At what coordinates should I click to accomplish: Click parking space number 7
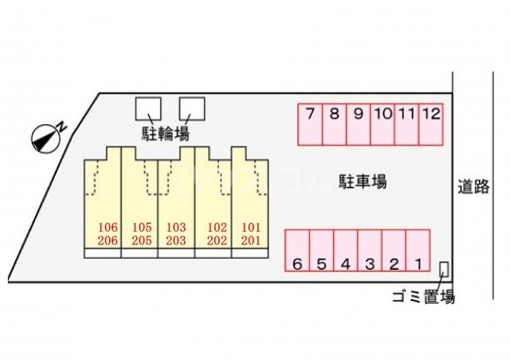point(310,125)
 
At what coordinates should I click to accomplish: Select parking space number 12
point(430,125)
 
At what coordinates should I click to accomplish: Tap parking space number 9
point(359,125)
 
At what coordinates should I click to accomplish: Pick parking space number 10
point(382,125)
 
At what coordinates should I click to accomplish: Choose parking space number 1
point(418,251)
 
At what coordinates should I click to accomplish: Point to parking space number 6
point(297,251)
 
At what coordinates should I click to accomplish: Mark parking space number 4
point(346,251)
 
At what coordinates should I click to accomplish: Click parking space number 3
point(370,251)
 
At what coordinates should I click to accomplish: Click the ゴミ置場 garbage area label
point(423,297)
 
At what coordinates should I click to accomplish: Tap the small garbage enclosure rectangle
point(445,269)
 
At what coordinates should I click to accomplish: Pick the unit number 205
point(142,240)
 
